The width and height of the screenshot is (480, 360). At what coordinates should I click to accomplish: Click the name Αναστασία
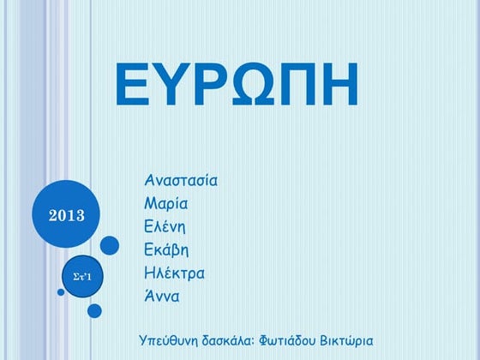[182, 181]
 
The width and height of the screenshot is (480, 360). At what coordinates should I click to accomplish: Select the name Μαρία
[166, 204]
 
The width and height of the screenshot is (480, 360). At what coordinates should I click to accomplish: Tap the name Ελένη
[165, 227]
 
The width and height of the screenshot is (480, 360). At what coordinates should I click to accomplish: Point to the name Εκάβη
[167, 250]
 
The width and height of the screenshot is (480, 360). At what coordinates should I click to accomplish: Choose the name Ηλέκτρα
[175, 274]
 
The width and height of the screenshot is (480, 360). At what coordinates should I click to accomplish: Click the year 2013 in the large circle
[66, 214]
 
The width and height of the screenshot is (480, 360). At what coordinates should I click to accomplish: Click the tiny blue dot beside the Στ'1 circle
[61, 292]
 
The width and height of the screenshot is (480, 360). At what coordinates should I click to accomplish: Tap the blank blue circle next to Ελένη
[110, 246]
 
